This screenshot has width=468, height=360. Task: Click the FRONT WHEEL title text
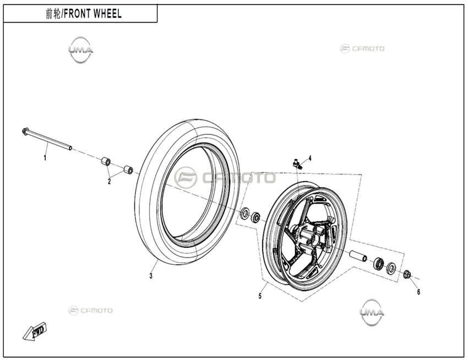point(93,14)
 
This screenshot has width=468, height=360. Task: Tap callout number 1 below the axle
point(45,157)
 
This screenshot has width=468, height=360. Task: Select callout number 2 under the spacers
point(109,181)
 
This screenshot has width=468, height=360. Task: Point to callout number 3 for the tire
point(151,276)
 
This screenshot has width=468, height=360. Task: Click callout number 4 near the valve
point(310,158)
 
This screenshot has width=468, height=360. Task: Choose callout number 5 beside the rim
point(260,296)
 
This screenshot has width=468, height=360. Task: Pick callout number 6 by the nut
point(418,292)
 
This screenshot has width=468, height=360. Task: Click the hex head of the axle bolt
point(25,132)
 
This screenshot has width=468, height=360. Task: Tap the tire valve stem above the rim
point(297,164)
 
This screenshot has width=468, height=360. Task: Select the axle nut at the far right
point(407,274)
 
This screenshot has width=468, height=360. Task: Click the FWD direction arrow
point(35,331)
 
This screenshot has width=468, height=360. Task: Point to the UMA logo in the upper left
point(80,50)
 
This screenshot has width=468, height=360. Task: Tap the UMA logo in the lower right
point(372,312)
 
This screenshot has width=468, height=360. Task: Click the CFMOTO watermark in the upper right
point(362,48)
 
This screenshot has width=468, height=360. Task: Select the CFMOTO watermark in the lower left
point(90,310)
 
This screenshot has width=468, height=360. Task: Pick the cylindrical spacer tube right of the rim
point(358,256)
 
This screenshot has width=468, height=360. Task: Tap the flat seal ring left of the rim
point(246,213)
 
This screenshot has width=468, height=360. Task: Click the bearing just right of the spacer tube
point(379,263)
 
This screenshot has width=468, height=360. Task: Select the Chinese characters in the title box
point(53,14)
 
